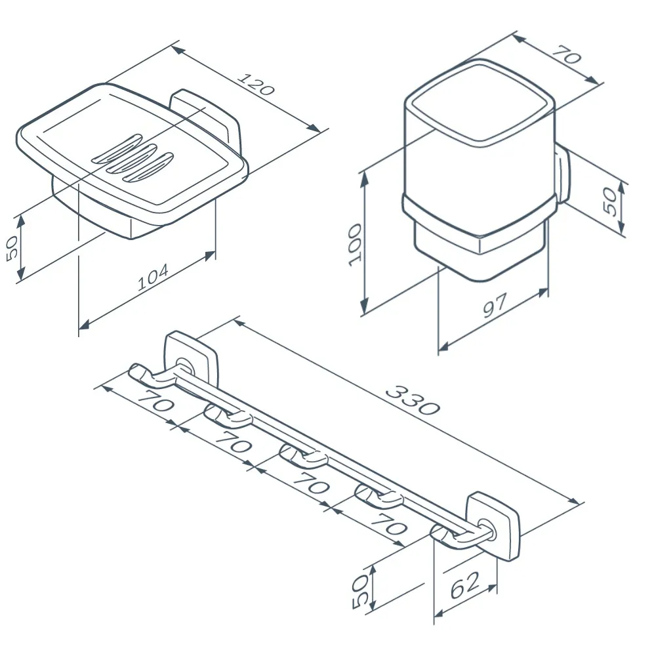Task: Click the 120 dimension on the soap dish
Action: click(256, 84)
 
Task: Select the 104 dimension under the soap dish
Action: click(153, 277)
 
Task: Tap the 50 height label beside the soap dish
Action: click(12, 248)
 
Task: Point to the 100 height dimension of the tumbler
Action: click(355, 245)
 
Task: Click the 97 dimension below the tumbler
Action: click(495, 305)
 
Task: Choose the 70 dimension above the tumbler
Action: click(567, 54)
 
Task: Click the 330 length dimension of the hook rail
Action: click(413, 401)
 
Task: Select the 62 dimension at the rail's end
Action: click(465, 585)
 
